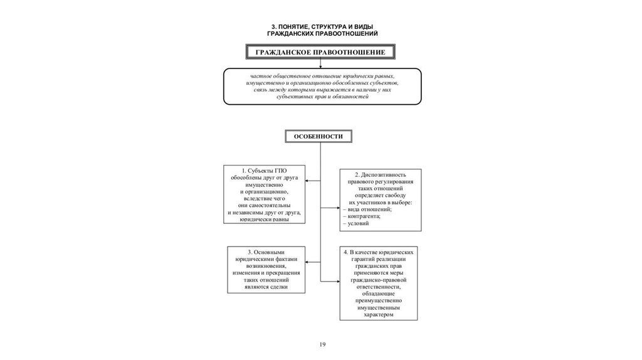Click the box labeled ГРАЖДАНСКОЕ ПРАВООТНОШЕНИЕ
coord(320,51)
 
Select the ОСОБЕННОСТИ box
coord(320,136)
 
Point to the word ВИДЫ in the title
coord(362,26)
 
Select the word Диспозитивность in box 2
coord(386,174)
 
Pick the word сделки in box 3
coord(280,287)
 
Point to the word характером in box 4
coord(379,315)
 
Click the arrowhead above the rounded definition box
coord(320,66)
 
